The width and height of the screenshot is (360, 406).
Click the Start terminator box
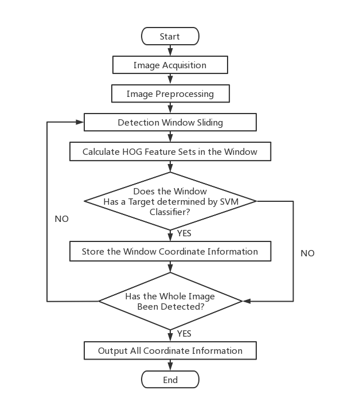[170, 36]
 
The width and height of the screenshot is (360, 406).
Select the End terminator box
[170, 380]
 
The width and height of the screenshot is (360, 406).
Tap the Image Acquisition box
[170, 65]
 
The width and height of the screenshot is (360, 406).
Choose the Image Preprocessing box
[170, 93]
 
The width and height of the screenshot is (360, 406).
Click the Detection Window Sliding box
[170, 122]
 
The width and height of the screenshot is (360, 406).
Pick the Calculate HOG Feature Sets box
[170, 152]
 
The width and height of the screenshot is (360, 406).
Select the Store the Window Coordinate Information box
[170, 251]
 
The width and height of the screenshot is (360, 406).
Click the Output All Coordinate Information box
[170, 350]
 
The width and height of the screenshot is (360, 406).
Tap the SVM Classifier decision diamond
[170, 201]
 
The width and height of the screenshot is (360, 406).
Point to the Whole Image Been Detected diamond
[170, 301]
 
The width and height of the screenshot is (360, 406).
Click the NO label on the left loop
[62, 219]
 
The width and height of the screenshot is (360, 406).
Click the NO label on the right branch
[307, 253]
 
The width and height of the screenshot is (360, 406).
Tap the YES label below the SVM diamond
[184, 233]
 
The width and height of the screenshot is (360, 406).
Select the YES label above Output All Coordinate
[184, 333]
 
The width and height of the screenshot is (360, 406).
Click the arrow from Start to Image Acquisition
[170, 50]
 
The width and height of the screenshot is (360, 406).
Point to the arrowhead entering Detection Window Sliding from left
[80, 122]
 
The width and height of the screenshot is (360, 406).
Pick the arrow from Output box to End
[170, 365]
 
